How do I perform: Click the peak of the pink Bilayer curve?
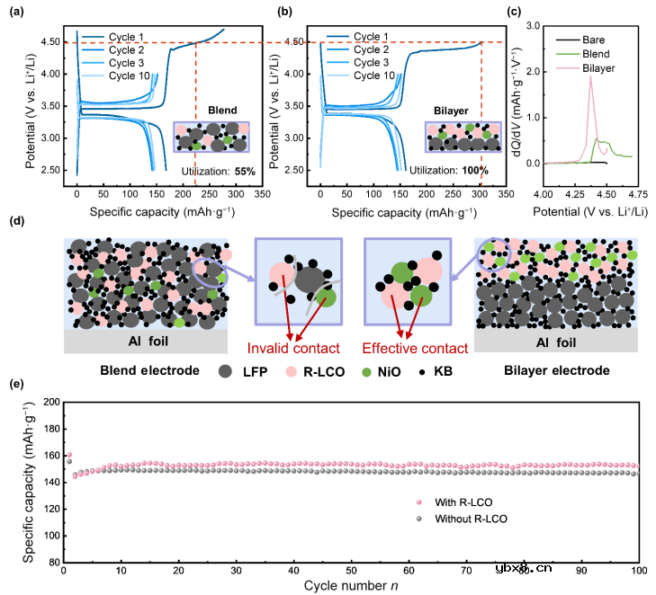click(x=591, y=77)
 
